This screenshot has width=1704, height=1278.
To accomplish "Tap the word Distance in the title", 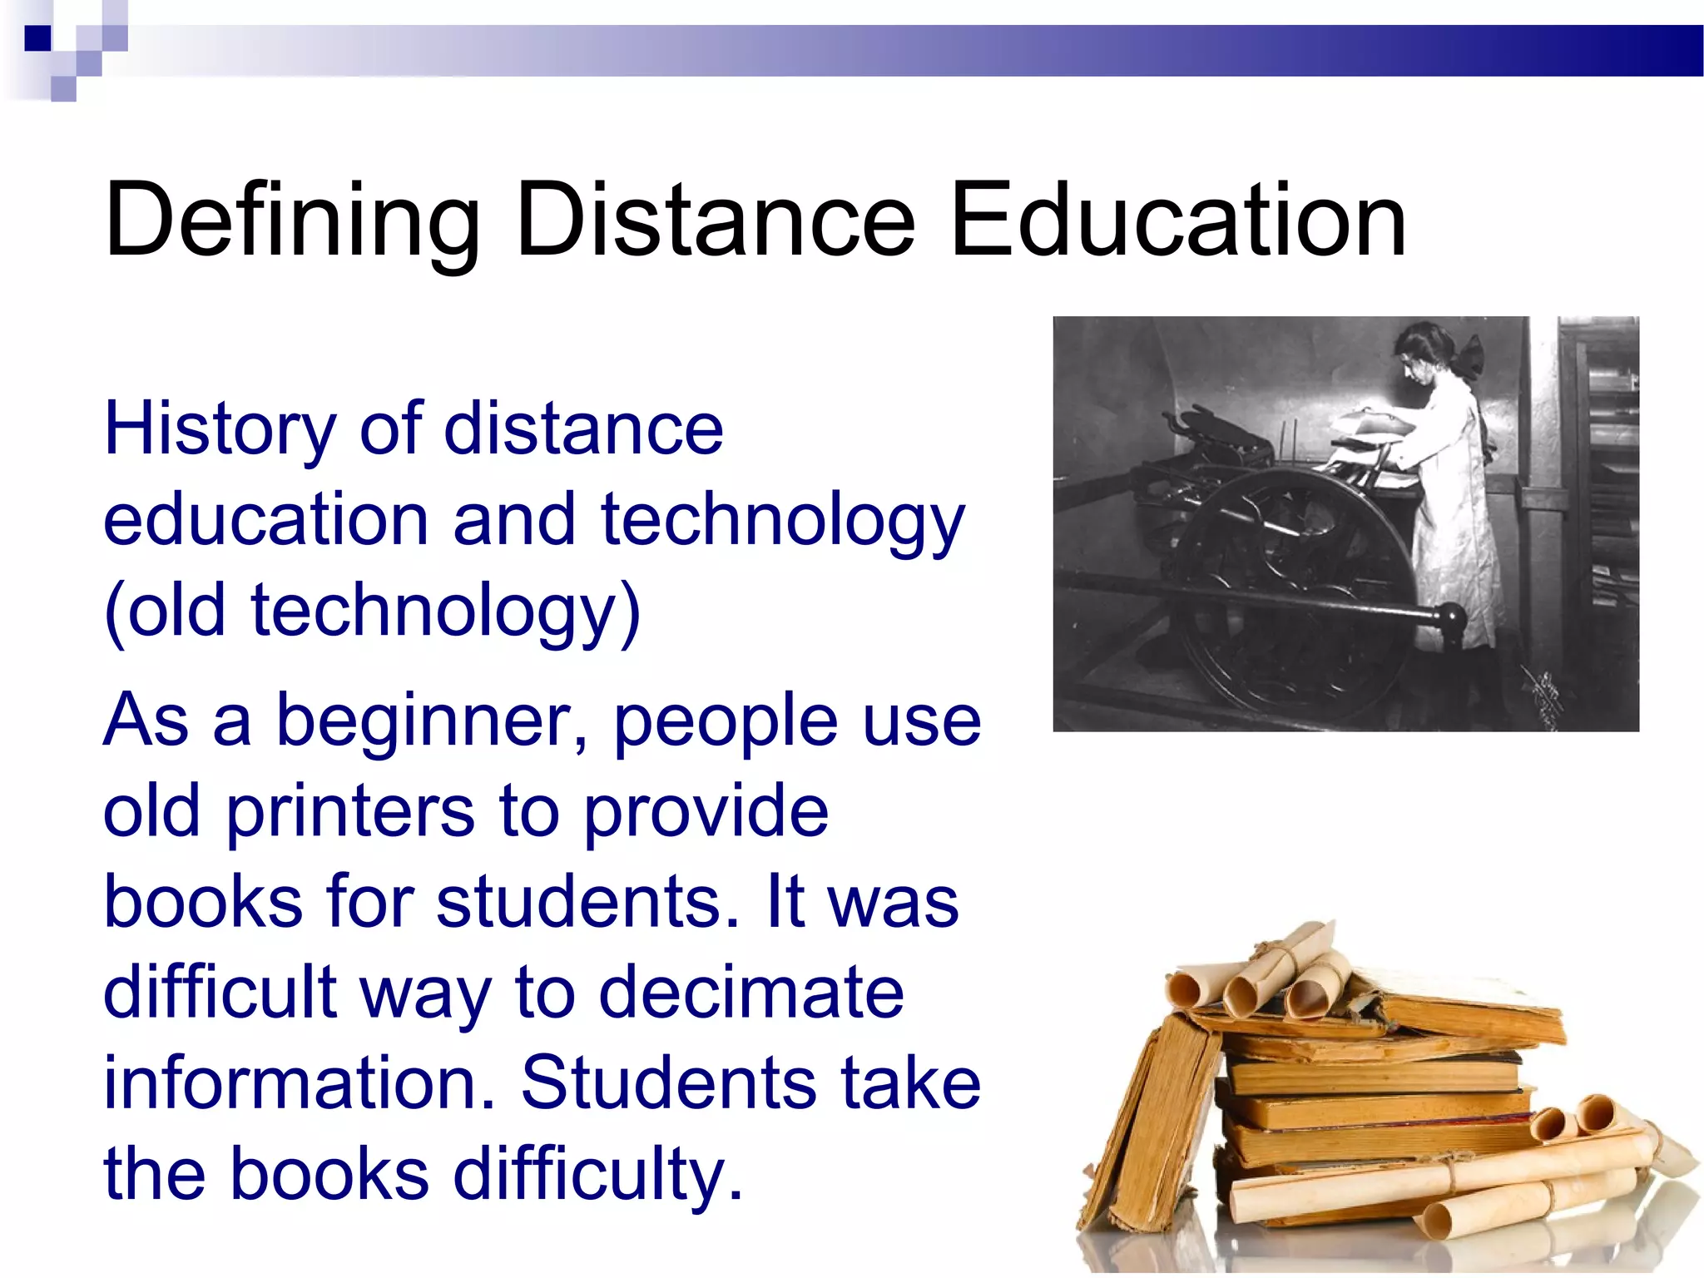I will (716, 221).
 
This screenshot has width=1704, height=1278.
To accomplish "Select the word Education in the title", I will (1177, 221).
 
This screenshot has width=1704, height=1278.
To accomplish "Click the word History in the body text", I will (220, 431).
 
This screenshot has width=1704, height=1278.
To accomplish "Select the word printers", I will (349, 811).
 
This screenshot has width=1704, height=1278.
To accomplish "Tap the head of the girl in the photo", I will (1424, 354).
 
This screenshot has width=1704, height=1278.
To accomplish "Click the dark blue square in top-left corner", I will (37, 38).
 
